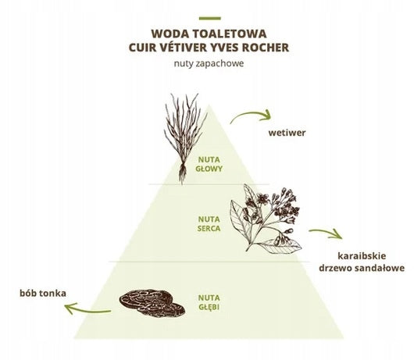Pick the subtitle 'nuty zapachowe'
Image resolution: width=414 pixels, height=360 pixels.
pos(209,63)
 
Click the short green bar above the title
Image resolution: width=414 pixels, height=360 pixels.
pos(210,19)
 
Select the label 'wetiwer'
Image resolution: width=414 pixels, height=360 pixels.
pos(287,133)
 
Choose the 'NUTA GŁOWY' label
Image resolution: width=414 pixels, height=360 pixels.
pos(209,164)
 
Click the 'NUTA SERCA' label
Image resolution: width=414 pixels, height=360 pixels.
pos(209,224)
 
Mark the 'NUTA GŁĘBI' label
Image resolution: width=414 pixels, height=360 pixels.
pos(209,302)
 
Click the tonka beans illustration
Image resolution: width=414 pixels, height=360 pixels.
pos(152,303)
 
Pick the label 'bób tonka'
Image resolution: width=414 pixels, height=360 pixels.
pos(43,293)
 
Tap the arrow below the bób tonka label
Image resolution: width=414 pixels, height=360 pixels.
pos(87,311)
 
